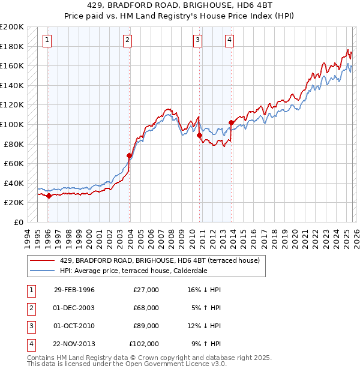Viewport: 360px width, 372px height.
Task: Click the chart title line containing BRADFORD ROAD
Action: pos(180,5)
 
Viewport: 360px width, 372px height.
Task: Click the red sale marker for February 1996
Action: pos(49,196)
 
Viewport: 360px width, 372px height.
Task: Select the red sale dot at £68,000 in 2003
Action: pos(128,155)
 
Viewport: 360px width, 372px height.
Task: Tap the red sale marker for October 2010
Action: pos(199,135)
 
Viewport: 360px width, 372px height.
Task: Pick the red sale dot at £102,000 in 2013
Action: pos(231,122)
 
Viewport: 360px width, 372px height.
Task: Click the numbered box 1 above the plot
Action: pos(47,40)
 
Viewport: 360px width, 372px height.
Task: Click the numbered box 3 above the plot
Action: pos(197,40)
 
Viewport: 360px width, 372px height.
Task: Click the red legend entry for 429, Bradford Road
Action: pos(159,260)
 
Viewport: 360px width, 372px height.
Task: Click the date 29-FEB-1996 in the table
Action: pos(74,290)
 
